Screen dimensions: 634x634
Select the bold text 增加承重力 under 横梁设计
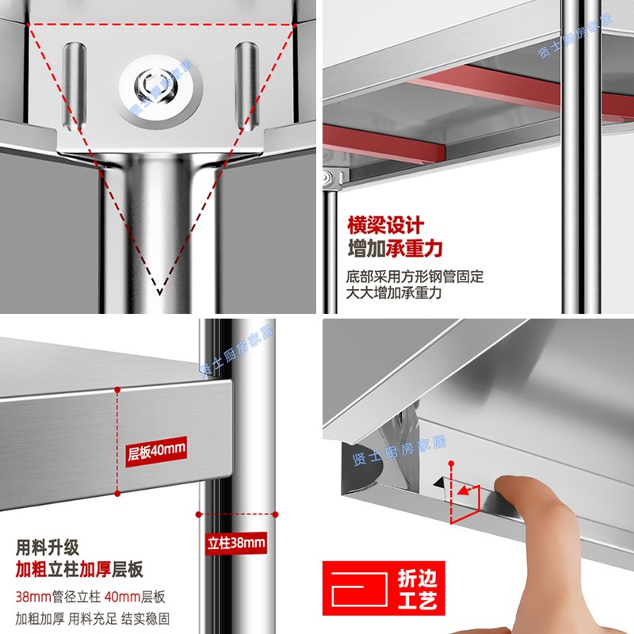pos(395,249)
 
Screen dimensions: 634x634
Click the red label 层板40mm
pos(156,452)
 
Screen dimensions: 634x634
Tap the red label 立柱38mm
pos(236,543)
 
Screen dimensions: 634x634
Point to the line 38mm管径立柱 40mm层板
pos(91,597)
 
